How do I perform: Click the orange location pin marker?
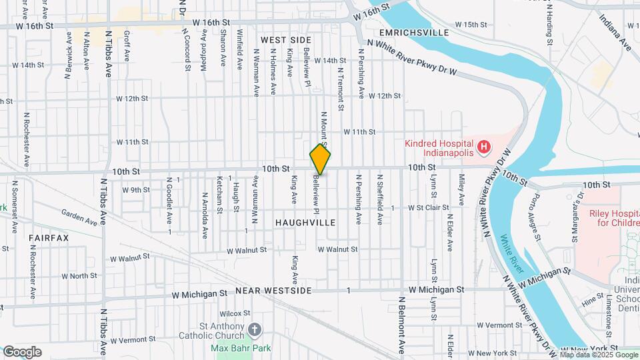pos(320,159)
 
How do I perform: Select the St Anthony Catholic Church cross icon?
pos(254,329)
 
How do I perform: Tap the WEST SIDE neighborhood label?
pos(287,40)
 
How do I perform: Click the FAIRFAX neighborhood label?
pos(49,237)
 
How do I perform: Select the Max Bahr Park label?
pos(241,348)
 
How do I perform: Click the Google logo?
pos(22,352)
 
